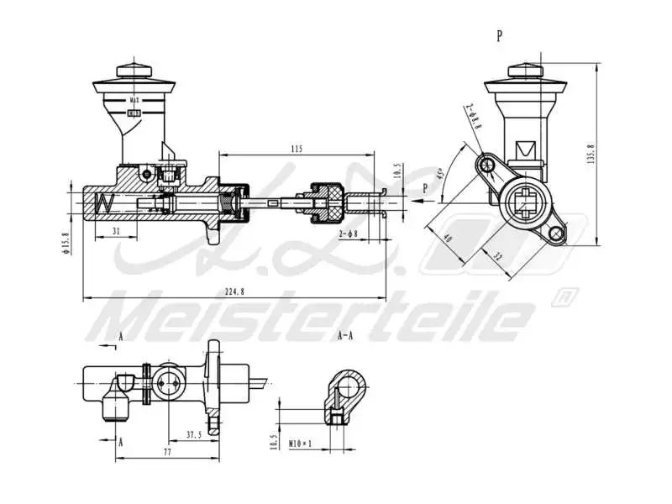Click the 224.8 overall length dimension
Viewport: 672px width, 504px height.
pos(234,291)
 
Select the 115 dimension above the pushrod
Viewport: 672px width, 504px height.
pos(296,149)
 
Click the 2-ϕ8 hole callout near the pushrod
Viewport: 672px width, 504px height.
pos(349,233)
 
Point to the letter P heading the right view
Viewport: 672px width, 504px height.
pos(500,35)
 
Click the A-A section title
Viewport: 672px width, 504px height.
pos(344,335)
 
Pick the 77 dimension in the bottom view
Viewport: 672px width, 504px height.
pos(166,452)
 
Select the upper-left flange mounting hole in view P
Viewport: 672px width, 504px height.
pos(487,164)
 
